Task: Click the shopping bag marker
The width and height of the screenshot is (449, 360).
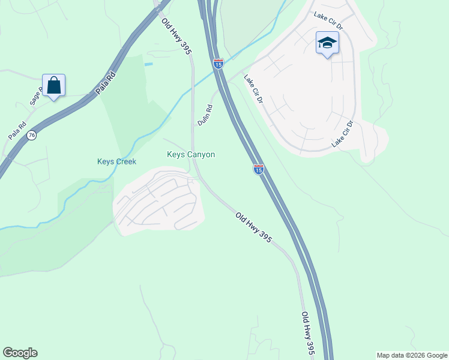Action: pyautogui.click(x=54, y=86)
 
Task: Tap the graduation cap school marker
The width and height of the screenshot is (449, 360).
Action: pyautogui.click(x=327, y=43)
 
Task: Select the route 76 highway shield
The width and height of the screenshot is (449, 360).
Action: pyautogui.click(x=32, y=136)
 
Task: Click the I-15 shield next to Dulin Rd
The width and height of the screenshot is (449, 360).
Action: pyautogui.click(x=218, y=62)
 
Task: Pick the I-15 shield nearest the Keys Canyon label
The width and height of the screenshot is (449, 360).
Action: pyautogui.click(x=258, y=170)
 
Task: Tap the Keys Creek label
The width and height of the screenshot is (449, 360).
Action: pyautogui.click(x=116, y=161)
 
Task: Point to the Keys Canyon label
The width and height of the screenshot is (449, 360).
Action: pyautogui.click(x=190, y=154)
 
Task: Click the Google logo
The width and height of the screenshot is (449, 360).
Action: pyautogui.click(x=20, y=353)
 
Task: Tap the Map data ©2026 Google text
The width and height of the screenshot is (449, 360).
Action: pyautogui.click(x=412, y=355)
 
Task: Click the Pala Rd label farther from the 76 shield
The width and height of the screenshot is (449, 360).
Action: pyautogui.click(x=104, y=83)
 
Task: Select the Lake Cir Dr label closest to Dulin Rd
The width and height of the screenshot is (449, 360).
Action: pyautogui.click(x=253, y=89)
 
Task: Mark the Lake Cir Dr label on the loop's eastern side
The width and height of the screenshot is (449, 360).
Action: pyautogui.click(x=342, y=134)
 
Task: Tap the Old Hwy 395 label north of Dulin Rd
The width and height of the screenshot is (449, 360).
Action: pyautogui.click(x=176, y=37)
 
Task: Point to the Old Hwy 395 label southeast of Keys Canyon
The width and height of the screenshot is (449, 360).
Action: pyautogui.click(x=254, y=227)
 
